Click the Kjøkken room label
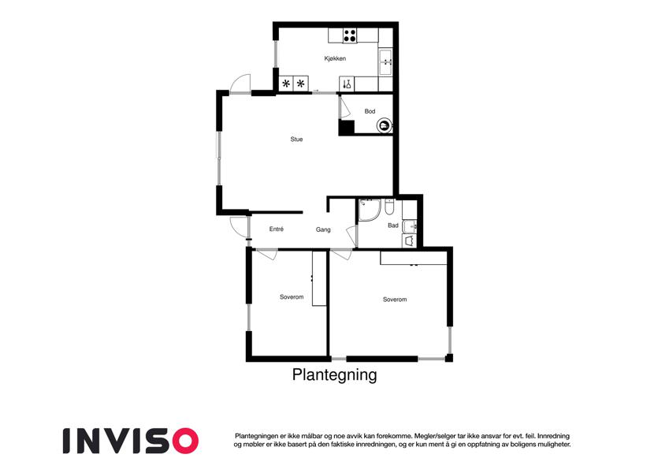click(335, 58)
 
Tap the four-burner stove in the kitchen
click(350, 35)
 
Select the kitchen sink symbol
click(385, 62)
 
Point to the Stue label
click(296, 140)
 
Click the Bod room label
click(370, 111)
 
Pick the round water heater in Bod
click(384, 125)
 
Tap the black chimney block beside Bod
click(347, 128)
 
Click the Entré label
click(277, 229)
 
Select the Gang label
click(323, 229)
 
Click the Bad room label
click(393, 225)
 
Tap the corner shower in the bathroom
click(370, 210)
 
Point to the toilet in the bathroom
click(389, 207)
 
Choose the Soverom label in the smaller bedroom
click(292, 297)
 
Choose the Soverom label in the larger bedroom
click(395, 300)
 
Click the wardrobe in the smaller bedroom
click(319, 278)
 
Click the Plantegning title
click(334, 374)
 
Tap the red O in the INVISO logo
click(185, 441)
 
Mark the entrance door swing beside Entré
click(239, 226)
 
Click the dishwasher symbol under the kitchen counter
click(348, 84)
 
